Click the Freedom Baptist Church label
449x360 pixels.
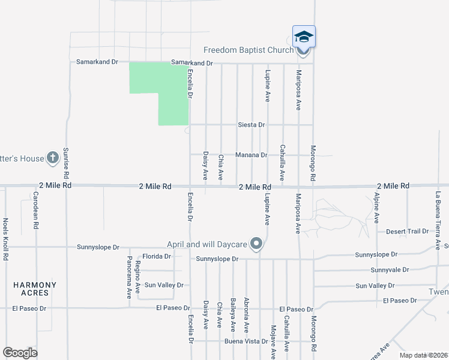[248, 50]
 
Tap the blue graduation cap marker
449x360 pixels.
[304, 37]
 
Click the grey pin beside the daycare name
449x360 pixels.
[256, 244]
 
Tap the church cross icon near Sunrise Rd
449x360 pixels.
[52, 158]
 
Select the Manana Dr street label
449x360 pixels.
[251, 155]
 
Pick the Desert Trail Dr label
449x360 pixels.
[407, 231]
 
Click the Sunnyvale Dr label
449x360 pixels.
[389, 270]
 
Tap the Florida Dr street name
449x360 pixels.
[157, 256]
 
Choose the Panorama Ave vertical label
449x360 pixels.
[129, 278]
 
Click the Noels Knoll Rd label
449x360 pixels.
[5, 239]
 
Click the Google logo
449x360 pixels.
[20, 353]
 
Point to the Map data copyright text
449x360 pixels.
[423, 355]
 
